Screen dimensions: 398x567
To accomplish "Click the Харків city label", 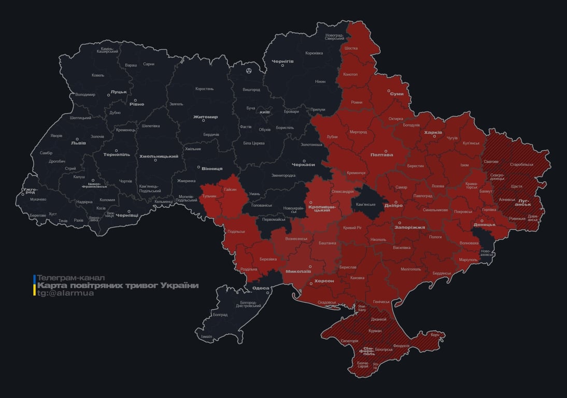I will (433, 133).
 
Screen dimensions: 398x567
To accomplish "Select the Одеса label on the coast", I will (261, 289).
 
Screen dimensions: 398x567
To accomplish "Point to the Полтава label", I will (381, 155).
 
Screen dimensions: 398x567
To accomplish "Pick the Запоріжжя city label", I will (409, 227).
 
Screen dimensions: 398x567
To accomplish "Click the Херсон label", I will (324, 280).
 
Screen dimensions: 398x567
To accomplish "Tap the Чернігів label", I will (283, 61).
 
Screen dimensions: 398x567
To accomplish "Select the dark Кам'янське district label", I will (366, 204).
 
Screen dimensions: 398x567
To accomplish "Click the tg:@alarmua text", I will (66, 293).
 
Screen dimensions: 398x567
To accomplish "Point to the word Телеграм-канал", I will (71, 278).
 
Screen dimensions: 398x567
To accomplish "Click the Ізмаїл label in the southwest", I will (206, 336).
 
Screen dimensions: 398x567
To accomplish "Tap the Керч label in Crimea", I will (434, 335).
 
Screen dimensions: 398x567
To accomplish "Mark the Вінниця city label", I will (212, 168).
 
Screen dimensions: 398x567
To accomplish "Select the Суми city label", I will (397, 94).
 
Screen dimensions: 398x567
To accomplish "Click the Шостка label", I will (351, 48).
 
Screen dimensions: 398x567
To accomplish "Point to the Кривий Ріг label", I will (353, 228).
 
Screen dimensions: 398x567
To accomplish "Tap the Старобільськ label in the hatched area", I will (521, 164).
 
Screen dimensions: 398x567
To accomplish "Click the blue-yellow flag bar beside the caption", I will (34, 286).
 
